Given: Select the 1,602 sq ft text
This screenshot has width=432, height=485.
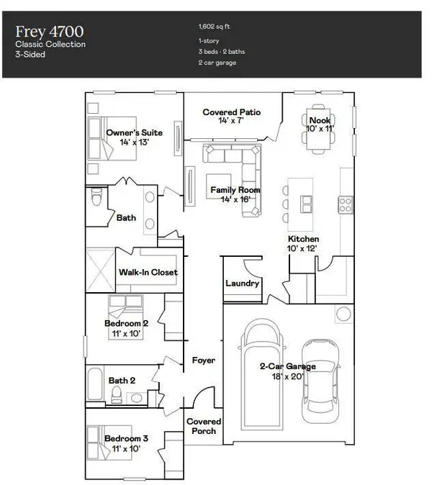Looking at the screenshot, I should click(214, 27).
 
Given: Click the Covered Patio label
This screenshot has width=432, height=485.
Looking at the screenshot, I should click(231, 113).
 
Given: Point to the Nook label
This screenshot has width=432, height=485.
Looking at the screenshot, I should click(320, 120).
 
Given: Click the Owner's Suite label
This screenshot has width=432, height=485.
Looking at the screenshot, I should click(134, 133).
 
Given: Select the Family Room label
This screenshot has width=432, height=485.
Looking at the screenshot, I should click(235, 191).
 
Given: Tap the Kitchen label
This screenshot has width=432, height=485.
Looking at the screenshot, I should click(303, 239).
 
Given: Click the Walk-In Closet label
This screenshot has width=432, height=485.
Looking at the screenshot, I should click(148, 273).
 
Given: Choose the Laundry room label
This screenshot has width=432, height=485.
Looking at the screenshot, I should click(242, 284).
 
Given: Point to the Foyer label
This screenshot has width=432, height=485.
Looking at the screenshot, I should click(203, 360).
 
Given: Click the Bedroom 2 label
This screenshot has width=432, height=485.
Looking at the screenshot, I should click(127, 324).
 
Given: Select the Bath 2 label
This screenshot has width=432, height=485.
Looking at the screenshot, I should click(122, 381).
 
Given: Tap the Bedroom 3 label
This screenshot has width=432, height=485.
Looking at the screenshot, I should click(127, 438).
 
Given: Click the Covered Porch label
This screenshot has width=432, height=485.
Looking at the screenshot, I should click(204, 427).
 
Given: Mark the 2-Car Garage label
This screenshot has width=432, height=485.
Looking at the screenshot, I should click(287, 366).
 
